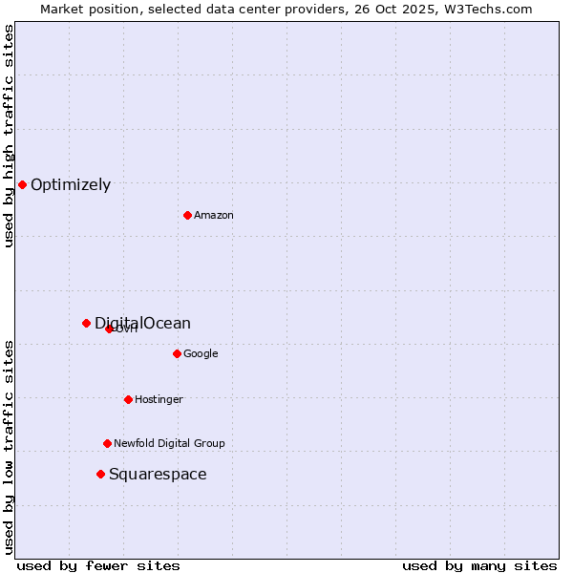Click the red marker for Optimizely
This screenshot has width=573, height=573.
pyautogui.click(x=22, y=184)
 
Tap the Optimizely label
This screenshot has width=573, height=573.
pyautogui.click(x=71, y=185)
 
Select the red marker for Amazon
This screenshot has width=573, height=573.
pyautogui.click(x=187, y=215)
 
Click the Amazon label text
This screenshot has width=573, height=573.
pyautogui.click(x=214, y=216)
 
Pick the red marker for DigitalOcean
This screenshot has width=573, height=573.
pyautogui.click(x=86, y=323)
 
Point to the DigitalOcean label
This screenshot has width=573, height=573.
pyautogui.click(x=142, y=324)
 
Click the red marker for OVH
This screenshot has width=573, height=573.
pyautogui.click(x=109, y=329)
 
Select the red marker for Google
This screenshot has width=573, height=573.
pyautogui.click(x=177, y=353)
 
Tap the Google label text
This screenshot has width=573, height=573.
pyautogui.click(x=201, y=354)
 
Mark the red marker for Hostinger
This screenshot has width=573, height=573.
pyautogui.click(x=128, y=399)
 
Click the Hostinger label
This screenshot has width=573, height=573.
pyautogui.click(x=159, y=399)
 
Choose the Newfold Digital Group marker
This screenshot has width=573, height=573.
pyautogui.click(x=107, y=443)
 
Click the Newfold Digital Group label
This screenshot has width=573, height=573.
pyautogui.click(x=169, y=443)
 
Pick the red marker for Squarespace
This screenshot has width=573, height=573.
pyautogui.click(x=100, y=474)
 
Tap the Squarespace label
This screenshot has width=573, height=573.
pyautogui.click(x=158, y=475)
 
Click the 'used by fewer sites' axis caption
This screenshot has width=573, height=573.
pyautogui.click(x=98, y=565)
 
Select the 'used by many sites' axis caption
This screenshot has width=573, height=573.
pyautogui.click(x=479, y=565)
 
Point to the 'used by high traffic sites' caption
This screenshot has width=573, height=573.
pyautogui.click(x=9, y=136)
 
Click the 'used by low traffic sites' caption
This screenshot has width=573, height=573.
pyautogui.click(x=9, y=447)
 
